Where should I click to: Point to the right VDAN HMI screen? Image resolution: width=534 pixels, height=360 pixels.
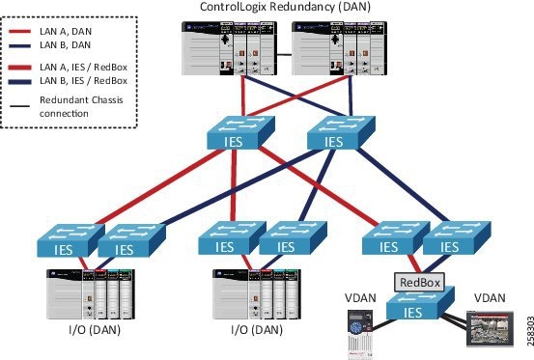pyautogui.click(x=485, y=328)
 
